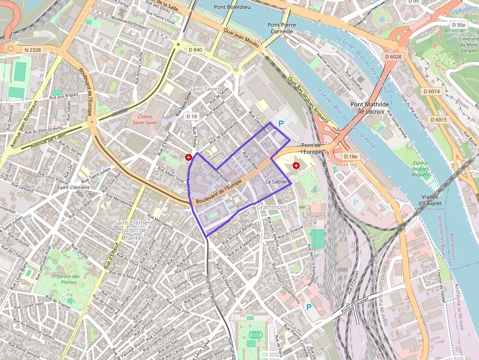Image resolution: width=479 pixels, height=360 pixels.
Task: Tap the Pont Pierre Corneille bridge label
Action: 282,28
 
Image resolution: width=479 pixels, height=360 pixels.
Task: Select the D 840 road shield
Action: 195,49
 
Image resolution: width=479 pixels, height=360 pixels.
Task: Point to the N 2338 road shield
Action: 33,49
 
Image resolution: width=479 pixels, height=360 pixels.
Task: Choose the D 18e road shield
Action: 350,156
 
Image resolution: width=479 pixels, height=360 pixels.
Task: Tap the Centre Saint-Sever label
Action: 145,120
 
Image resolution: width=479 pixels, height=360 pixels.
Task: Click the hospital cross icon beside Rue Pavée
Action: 189,157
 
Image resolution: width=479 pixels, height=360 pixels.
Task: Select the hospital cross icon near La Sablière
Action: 296,166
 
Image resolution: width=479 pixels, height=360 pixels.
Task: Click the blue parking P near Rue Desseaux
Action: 281,124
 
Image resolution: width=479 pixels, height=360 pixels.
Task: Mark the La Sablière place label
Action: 278,182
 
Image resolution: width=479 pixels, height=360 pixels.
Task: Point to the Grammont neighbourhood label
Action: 271,207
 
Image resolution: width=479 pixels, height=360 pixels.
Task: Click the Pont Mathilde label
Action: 370,104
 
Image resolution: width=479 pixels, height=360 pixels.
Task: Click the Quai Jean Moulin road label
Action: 241,36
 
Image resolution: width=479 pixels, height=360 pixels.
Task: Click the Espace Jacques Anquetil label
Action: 420,169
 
